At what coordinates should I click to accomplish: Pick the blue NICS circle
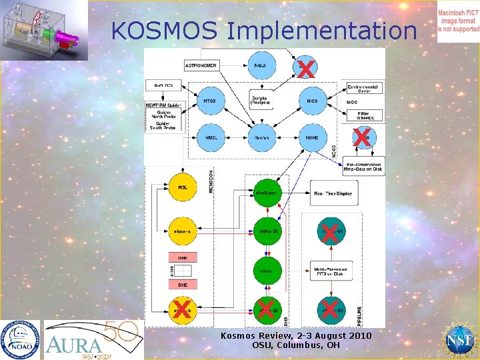(311, 101)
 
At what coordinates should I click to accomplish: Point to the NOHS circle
(311, 138)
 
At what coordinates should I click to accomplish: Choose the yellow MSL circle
(182, 187)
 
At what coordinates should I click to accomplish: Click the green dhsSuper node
(265, 193)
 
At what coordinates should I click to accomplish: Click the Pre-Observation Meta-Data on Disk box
(364, 167)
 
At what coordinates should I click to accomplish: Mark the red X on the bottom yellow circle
(179, 309)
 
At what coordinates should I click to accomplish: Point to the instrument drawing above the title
(44, 30)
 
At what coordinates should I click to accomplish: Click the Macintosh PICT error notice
(458, 21)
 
